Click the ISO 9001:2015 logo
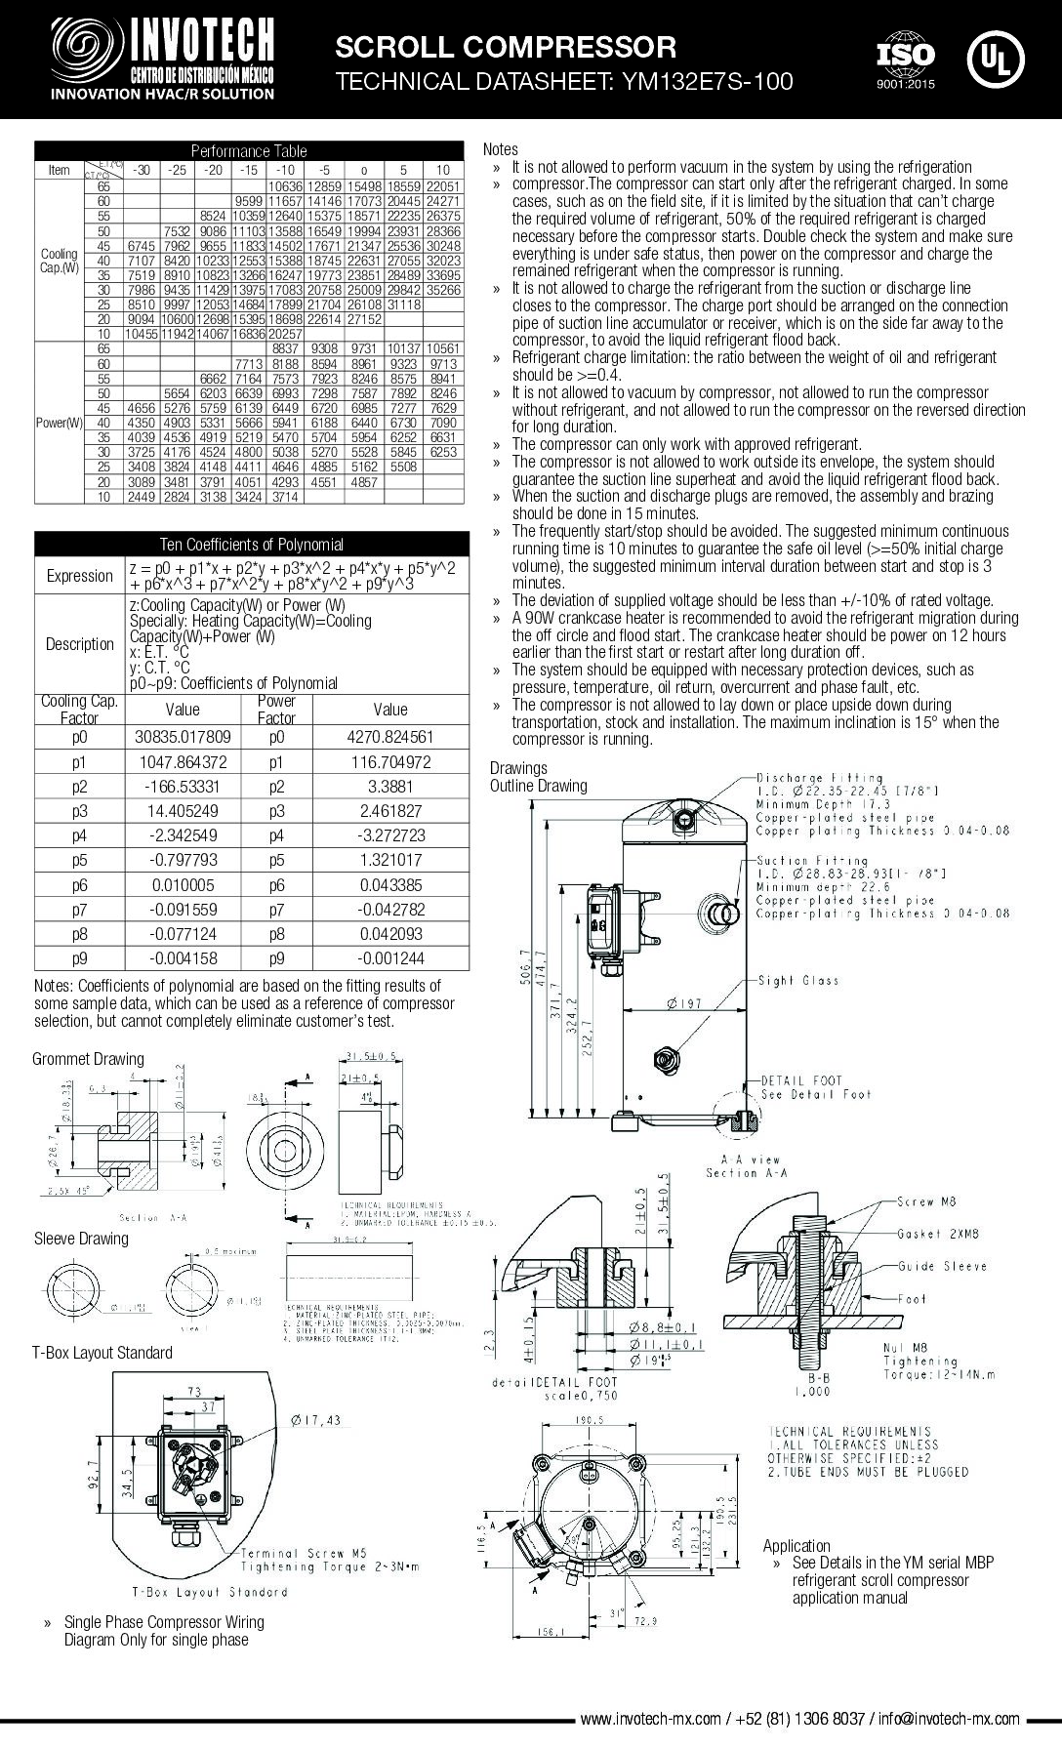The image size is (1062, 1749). pyautogui.click(x=905, y=61)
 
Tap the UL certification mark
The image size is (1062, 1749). pyautogui.click(x=996, y=59)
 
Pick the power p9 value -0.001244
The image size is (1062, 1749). pyautogui.click(x=390, y=958)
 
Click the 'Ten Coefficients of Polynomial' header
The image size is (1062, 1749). pyautogui.click(x=251, y=545)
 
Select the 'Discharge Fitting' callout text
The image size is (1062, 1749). pyautogui.click(x=820, y=778)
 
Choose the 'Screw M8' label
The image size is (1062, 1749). pyautogui.click(x=928, y=1201)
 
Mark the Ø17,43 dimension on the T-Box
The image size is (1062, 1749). pyautogui.click(x=316, y=1419)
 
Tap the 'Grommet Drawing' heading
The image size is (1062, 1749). pyautogui.click(x=88, y=1059)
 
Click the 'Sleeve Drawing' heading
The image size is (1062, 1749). pyautogui.click(x=81, y=1239)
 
